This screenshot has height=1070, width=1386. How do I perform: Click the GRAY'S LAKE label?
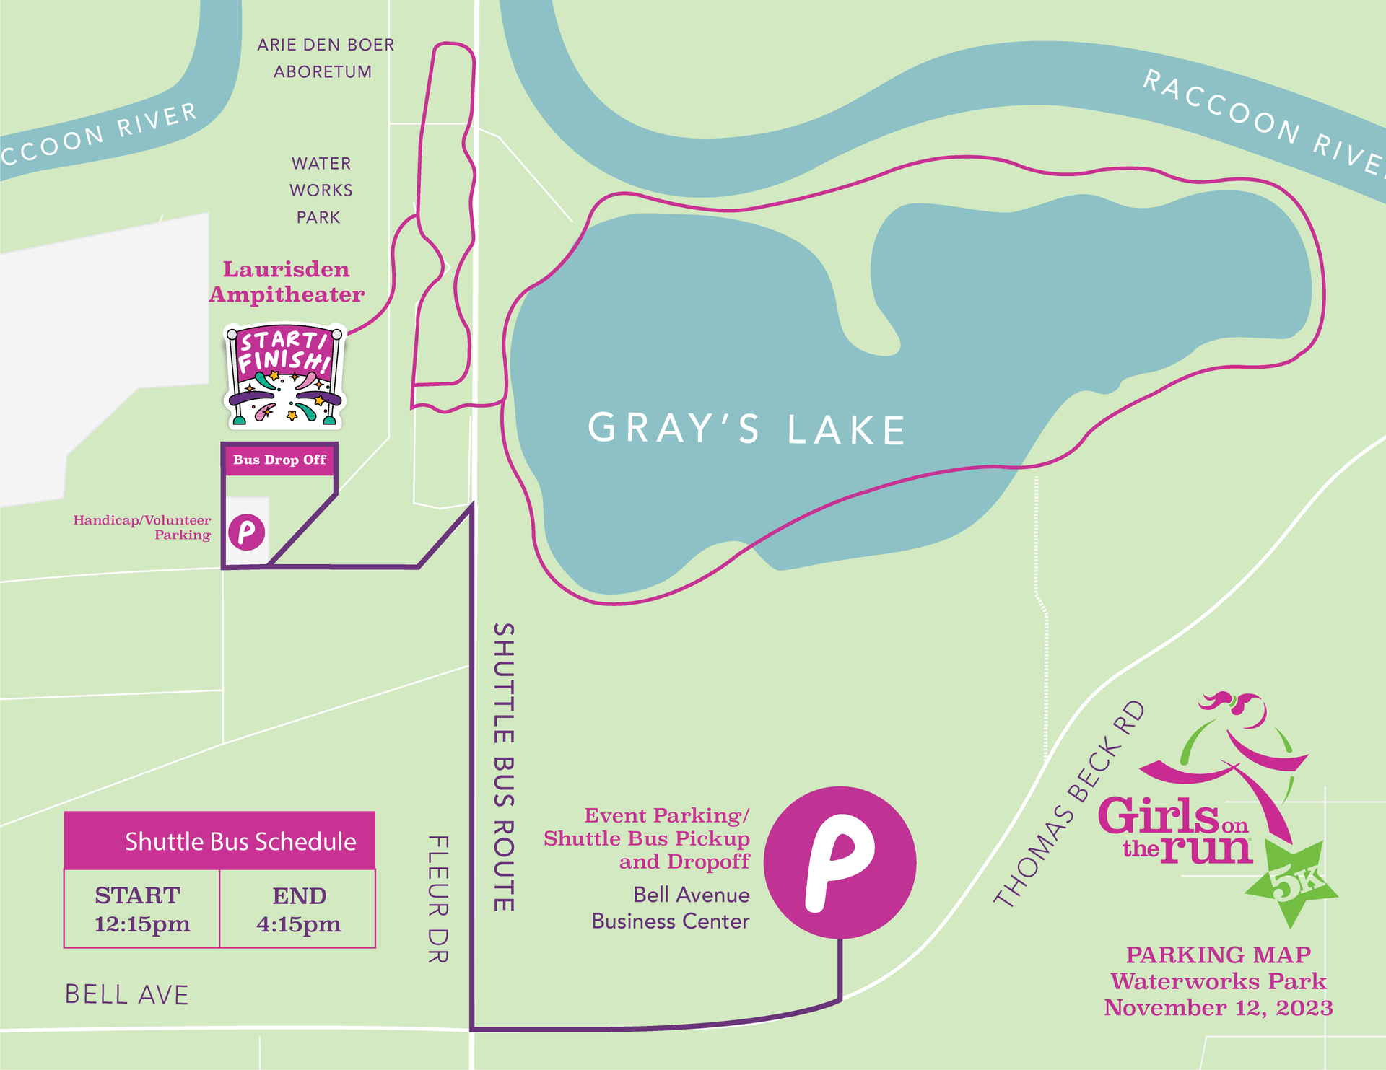747,429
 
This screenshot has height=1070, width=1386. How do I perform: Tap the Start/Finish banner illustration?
284,376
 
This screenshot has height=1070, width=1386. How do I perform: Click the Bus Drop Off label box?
279,460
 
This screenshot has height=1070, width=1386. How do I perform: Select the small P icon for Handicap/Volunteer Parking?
246,532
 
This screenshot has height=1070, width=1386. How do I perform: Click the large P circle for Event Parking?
840,862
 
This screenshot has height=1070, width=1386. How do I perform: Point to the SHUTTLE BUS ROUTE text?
503,767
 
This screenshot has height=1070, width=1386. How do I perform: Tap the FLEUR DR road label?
438,899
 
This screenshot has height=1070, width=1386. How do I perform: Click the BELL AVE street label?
127,995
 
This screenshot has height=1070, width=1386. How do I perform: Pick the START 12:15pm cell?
141,909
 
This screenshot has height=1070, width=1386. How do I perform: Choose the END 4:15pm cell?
298,909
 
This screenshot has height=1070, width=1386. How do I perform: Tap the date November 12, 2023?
1218,1008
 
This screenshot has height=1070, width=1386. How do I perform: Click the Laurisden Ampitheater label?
287,282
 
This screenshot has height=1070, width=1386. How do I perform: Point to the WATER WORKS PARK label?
321,190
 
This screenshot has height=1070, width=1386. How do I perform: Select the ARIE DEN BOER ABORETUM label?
325,58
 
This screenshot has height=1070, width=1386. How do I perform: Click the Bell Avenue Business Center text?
671,908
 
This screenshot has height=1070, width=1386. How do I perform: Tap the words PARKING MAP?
1218,955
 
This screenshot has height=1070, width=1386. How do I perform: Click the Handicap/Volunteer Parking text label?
143,527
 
